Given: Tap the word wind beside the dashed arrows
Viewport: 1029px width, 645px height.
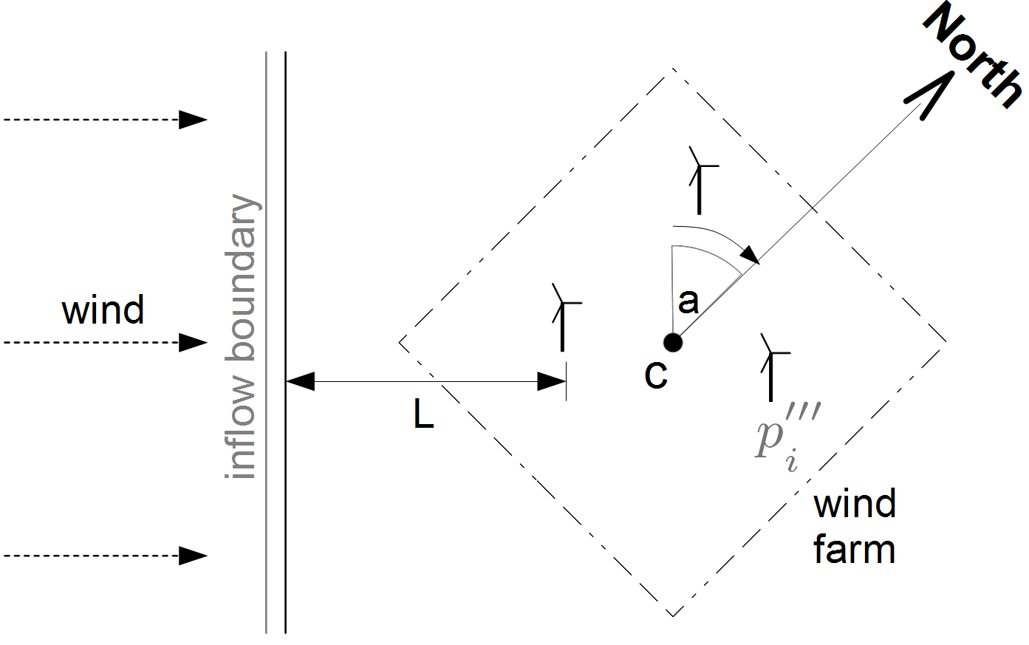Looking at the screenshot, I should pyautogui.click(x=103, y=310).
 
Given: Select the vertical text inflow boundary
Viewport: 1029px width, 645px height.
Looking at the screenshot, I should pyautogui.click(x=243, y=337).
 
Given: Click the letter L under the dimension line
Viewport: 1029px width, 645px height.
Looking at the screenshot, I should pyautogui.click(x=423, y=416).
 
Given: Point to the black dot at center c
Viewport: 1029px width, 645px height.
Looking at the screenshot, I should pyautogui.click(x=672, y=342).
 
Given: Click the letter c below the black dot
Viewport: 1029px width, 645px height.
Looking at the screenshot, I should pyautogui.click(x=656, y=375).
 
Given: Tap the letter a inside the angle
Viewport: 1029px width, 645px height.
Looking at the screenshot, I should pyautogui.click(x=688, y=301).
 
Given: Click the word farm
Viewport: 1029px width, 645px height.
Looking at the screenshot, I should pyautogui.click(x=854, y=550).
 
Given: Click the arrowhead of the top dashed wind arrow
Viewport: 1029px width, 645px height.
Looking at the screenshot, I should pyautogui.click(x=193, y=120).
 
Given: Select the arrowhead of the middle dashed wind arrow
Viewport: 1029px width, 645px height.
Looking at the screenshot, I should pyautogui.click(x=193, y=343).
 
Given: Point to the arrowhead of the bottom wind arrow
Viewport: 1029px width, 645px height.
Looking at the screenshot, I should pyautogui.click(x=193, y=556).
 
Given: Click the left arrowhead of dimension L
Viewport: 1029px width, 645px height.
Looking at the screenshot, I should pyautogui.click(x=300, y=382).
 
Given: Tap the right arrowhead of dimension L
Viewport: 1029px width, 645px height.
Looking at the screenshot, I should pyautogui.click(x=551, y=382).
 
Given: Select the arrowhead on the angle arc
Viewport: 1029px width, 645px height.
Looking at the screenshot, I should pyautogui.click(x=751, y=255).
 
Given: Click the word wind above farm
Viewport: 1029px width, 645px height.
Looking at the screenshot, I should pyautogui.click(x=854, y=504).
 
